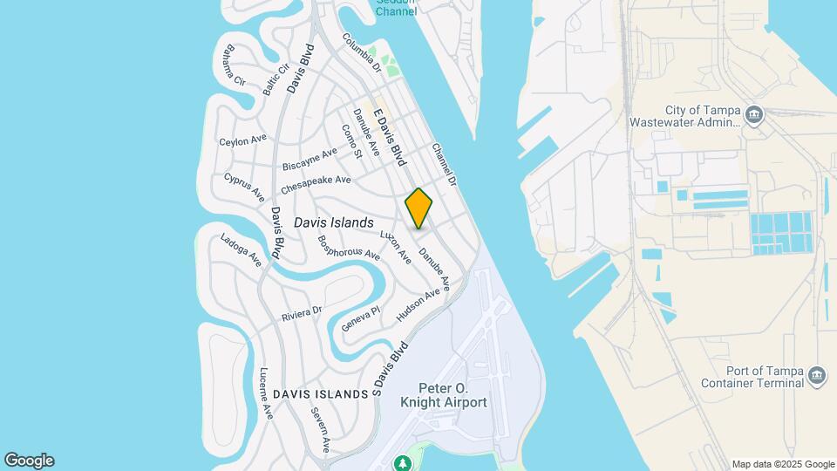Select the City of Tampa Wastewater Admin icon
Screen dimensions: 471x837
755,115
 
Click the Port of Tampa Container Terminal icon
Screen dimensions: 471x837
817,375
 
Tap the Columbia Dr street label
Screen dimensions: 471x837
362,52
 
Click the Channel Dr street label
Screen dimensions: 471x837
444,165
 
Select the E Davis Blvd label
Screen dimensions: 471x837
391,138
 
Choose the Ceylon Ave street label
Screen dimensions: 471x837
242,140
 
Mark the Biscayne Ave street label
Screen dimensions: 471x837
310,159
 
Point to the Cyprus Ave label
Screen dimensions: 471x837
243,186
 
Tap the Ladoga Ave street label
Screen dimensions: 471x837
241,249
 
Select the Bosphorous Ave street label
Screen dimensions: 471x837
349,248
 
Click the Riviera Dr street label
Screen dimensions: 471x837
302,312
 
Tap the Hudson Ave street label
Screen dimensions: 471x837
418,305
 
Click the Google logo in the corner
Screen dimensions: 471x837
29,461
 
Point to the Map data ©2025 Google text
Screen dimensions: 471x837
783,464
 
